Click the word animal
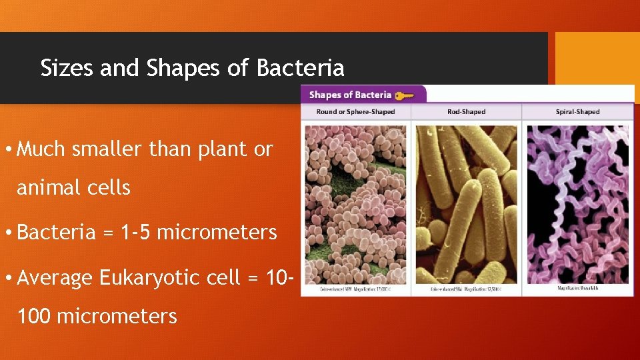pos(49,188)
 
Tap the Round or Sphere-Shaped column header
pos(355,112)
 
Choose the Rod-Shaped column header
pos(466,112)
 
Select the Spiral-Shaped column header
pos(577,112)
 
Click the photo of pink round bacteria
pos(355,203)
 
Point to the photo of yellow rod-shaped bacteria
pos(466,203)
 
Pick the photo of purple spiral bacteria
pos(577,203)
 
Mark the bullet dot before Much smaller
pos(8,149)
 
